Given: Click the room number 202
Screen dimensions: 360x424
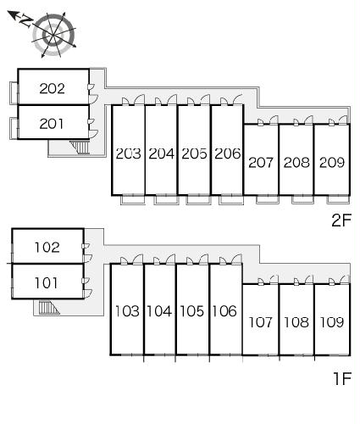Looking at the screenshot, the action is (52, 88).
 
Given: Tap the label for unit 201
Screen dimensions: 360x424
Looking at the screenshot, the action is (52, 124).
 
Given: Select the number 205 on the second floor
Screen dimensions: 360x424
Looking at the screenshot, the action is (194, 153).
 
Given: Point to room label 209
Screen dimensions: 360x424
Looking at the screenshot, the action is (332, 162).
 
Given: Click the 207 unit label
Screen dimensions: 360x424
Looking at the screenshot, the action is (261, 163).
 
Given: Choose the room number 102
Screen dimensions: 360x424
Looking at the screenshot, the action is (47, 248).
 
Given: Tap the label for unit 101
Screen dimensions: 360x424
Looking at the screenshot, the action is (46, 283).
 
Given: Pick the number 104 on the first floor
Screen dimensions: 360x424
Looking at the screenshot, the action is (159, 311).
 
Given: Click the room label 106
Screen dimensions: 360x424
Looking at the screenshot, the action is (224, 311).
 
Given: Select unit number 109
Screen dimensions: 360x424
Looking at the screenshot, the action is (332, 322).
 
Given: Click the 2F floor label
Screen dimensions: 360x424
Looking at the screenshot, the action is (341, 220).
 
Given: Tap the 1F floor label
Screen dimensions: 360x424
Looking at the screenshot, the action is (342, 379).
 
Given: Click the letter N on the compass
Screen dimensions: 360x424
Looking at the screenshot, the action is (26, 20).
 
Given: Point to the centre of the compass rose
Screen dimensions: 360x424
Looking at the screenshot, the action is (53, 35).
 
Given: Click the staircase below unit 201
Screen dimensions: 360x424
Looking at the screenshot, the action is (80, 148).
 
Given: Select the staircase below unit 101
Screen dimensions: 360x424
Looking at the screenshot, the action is (48, 307).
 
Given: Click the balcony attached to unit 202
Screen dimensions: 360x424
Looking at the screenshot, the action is (14, 93).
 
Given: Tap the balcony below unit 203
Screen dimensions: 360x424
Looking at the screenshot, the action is (132, 199).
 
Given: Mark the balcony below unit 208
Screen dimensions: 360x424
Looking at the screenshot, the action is (302, 199).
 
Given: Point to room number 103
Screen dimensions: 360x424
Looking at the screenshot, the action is (127, 311).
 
